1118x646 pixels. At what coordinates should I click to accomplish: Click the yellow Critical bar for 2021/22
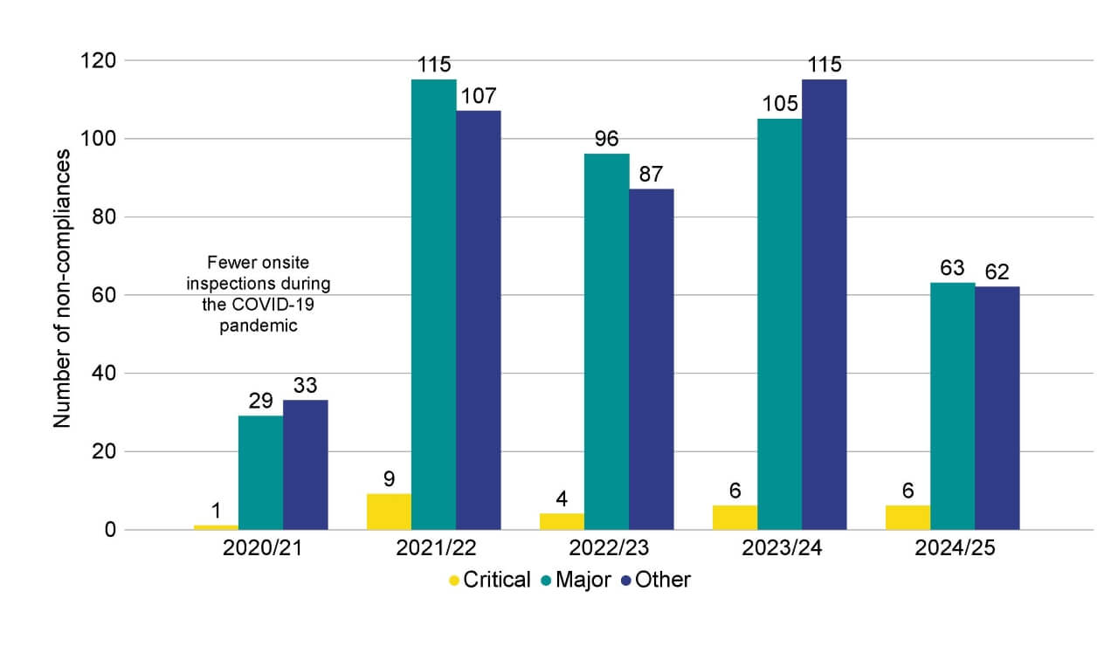click(x=389, y=512)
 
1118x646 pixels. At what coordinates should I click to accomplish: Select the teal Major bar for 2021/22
click(x=433, y=305)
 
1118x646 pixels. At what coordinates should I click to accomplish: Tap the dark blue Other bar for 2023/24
click(x=824, y=305)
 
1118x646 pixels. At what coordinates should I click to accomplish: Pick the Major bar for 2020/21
click(x=260, y=472)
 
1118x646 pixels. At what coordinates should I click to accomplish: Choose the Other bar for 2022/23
click(x=651, y=359)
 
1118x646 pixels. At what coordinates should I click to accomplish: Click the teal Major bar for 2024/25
click(x=952, y=406)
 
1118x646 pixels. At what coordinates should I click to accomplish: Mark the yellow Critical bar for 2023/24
click(x=735, y=518)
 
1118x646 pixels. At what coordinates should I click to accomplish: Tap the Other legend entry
click(x=655, y=580)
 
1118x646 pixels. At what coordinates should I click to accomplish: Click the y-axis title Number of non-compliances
click(x=62, y=288)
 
